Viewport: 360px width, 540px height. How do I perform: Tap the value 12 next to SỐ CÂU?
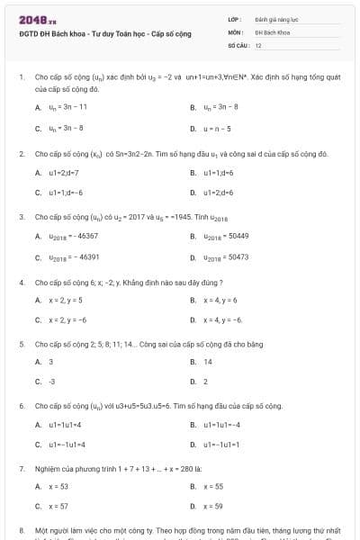(x=258, y=44)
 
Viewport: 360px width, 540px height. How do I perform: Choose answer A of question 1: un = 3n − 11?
(x=67, y=107)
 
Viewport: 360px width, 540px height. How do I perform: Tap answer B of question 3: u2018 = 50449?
(x=225, y=236)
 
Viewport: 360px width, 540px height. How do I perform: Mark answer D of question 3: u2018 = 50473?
(x=225, y=256)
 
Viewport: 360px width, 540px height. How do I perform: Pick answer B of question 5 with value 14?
(x=208, y=362)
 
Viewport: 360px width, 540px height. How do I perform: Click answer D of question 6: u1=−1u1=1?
(x=220, y=445)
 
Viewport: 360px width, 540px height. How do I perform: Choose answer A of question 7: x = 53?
(x=58, y=486)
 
